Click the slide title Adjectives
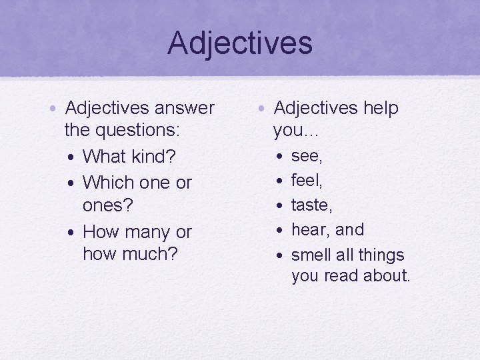click(240, 43)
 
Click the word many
click(147, 233)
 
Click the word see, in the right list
click(307, 156)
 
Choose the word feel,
click(307, 180)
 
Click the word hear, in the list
click(311, 230)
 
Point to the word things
click(382, 255)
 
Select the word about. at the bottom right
click(386, 276)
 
